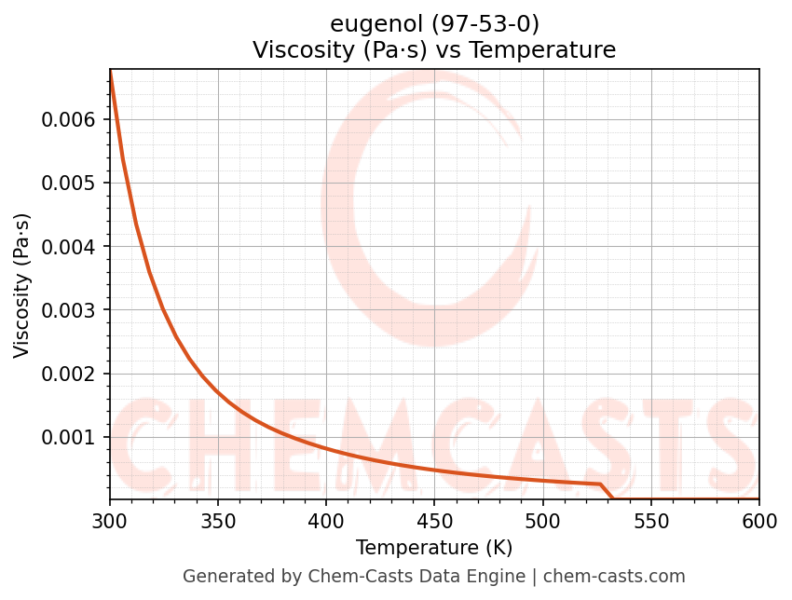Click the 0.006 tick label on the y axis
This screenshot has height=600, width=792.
pos(68,119)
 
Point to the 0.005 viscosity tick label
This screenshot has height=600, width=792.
pos(68,183)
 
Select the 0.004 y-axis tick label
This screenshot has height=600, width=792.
pos(68,246)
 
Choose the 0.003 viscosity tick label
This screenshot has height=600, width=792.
pos(68,310)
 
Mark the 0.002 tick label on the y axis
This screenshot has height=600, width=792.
pos(68,374)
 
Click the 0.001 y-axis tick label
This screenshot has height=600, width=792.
pos(68,437)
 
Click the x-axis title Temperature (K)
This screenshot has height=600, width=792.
pos(434,548)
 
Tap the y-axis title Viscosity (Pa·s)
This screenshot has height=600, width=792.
pos(22,285)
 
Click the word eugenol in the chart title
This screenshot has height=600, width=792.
pos(368,24)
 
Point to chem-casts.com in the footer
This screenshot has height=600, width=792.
pos(614,577)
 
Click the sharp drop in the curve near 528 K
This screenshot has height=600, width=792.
pos(605,491)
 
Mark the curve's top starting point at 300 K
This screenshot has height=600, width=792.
pos(110,71)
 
